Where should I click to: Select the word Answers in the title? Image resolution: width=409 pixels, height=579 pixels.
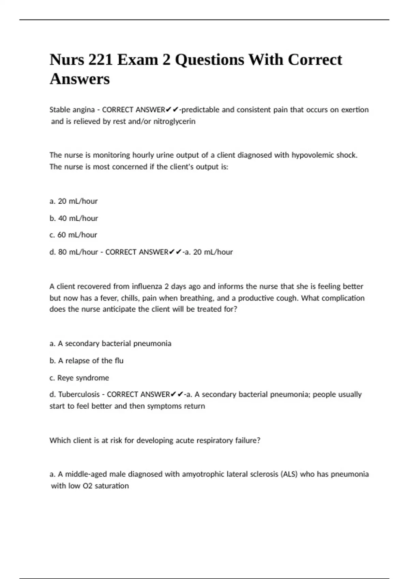pyautogui.click(x=80, y=79)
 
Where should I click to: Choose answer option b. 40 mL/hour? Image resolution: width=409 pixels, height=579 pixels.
pyautogui.click(x=74, y=218)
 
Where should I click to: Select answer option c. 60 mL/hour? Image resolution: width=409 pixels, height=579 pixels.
pyautogui.click(x=73, y=235)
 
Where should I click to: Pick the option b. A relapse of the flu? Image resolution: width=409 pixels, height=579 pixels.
pyautogui.click(x=87, y=360)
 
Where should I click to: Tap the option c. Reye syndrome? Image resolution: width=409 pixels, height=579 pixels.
pyautogui.click(x=79, y=378)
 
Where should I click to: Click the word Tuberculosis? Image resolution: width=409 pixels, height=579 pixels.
pyautogui.click(x=79, y=394)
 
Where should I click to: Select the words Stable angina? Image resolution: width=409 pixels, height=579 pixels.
pyautogui.click(x=72, y=110)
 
